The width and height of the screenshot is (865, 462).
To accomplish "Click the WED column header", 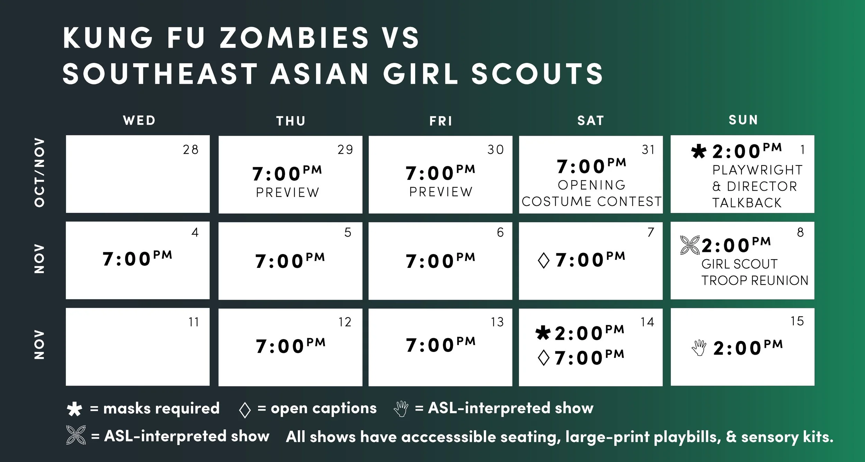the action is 139,120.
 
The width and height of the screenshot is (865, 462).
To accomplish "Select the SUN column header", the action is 743,120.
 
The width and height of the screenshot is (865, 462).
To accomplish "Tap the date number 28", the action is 191,150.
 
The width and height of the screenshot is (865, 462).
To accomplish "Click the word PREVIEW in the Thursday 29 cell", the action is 288,192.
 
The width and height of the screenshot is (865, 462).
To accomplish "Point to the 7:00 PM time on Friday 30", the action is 440,173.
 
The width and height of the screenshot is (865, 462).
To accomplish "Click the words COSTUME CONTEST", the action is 591,201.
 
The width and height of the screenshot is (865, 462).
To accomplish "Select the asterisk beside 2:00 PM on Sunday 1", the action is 699,152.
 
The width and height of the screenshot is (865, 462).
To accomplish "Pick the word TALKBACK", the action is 747,203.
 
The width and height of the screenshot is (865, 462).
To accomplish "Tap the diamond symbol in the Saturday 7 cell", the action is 544,261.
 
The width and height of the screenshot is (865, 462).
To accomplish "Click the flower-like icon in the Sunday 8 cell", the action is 690,245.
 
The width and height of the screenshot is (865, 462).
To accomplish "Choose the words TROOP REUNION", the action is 755,280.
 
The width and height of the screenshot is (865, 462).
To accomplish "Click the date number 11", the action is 194,322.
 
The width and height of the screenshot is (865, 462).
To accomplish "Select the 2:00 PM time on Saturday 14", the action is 590,333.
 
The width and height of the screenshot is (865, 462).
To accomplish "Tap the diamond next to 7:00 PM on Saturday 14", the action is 544,358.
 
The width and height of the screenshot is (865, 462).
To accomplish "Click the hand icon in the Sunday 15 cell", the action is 699,348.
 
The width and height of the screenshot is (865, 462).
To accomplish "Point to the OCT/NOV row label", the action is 39,173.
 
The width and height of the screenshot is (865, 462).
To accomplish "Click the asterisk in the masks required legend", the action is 74,409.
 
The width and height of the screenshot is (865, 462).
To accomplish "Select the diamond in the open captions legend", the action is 245,410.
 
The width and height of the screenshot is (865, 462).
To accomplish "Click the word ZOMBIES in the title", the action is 294,38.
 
